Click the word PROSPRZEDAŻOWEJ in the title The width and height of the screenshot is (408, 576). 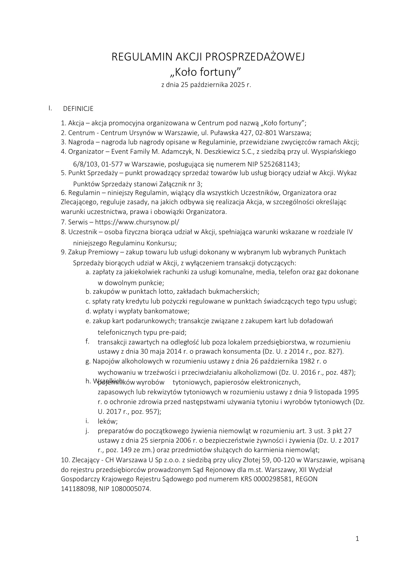tap(254, 57)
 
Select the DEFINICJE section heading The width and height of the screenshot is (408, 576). tap(78, 109)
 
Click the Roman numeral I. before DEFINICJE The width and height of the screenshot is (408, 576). tap(50, 108)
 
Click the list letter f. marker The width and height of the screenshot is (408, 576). tap(87, 342)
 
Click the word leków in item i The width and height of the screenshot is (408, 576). tap(108, 421)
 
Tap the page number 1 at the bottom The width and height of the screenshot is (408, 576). tap(357, 539)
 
